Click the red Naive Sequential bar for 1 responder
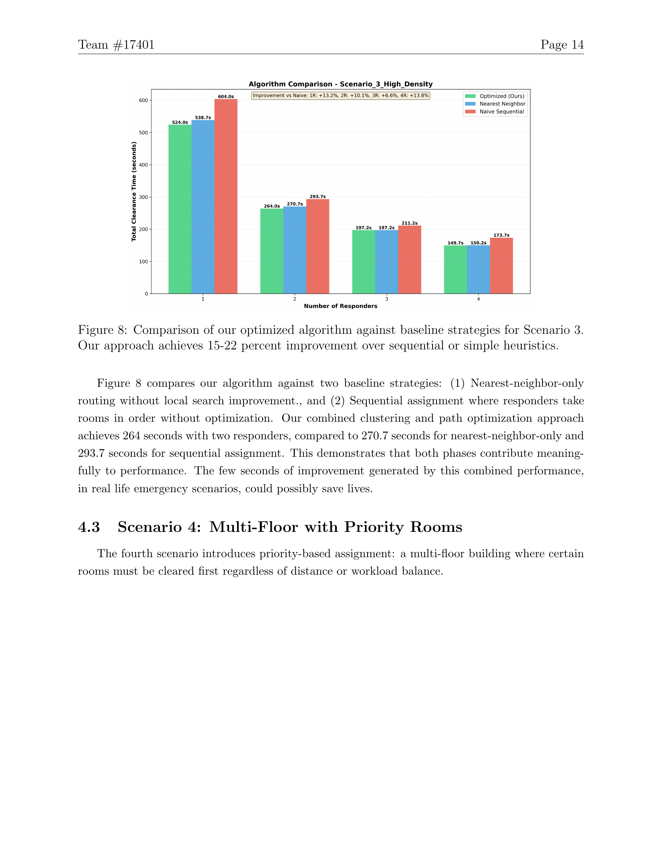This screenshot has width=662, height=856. [x=226, y=196]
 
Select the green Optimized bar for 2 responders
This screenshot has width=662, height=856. [x=272, y=251]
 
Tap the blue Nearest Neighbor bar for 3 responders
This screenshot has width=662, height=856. [x=387, y=262]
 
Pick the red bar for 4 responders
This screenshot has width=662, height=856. [x=501, y=265]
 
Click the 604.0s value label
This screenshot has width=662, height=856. [x=226, y=96]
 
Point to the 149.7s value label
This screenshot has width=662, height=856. [x=455, y=243]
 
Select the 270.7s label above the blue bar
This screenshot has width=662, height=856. [x=295, y=204]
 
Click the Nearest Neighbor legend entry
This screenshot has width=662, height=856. [x=502, y=104]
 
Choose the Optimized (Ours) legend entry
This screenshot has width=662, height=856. [x=502, y=96]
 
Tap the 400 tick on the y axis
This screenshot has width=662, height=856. [x=144, y=165]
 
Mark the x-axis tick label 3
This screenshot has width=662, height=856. [x=387, y=299]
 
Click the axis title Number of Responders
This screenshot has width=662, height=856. [x=340, y=306]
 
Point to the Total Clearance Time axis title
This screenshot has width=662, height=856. [x=134, y=192]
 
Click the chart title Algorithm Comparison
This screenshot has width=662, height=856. [x=340, y=84]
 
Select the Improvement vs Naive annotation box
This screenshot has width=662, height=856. [x=340, y=96]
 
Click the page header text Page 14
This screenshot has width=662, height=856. [x=562, y=45]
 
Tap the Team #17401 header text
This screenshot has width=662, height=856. [x=116, y=45]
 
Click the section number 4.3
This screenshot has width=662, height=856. [x=89, y=527]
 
